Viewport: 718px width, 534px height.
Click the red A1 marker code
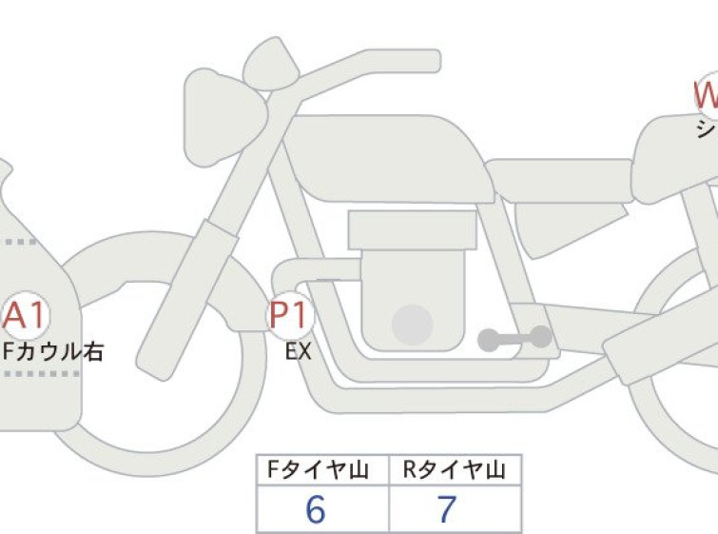26,315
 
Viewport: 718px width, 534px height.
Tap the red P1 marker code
287,315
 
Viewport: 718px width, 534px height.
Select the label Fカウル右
52,351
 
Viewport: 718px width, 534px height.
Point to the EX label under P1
299,351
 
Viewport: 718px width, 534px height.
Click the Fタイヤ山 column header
322,469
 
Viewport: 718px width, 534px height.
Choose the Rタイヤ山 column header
455,469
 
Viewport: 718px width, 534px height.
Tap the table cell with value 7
447,510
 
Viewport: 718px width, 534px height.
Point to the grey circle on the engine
412,324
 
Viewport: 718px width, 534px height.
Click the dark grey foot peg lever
514,337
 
